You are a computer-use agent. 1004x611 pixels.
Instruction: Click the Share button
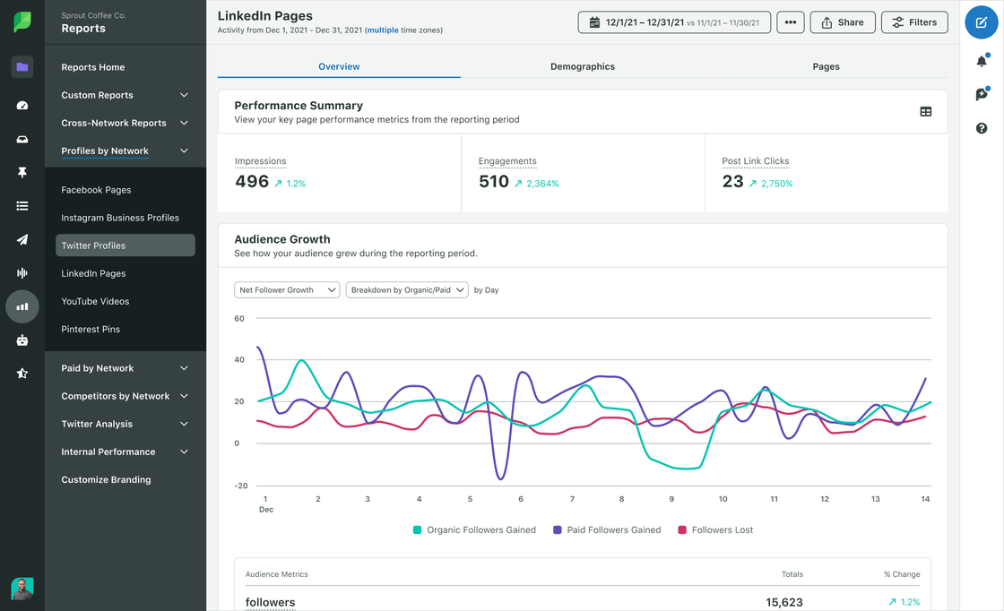tap(843, 22)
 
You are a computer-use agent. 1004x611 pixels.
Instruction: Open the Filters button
tap(914, 22)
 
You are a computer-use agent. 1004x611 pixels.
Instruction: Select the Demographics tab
tap(583, 66)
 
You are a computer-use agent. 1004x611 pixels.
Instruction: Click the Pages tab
tap(826, 66)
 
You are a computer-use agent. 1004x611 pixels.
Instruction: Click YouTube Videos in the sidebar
tap(95, 301)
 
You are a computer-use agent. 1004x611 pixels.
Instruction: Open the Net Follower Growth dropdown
tap(287, 290)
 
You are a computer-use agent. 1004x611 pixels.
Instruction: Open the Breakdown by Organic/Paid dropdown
tap(407, 290)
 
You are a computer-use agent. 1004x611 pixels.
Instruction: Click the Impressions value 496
tap(252, 182)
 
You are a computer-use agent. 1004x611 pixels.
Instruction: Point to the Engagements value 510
tap(493, 182)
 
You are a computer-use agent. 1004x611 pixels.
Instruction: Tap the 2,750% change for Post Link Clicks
tap(776, 184)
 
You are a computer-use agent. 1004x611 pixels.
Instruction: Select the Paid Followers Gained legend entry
tap(607, 530)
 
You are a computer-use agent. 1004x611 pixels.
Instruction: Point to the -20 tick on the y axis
tap(240, 486)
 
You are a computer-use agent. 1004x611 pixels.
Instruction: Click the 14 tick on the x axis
tap(926, 499)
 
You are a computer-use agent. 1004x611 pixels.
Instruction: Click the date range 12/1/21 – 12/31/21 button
tap(674, 22)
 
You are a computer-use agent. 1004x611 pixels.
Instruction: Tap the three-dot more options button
tap(790, 22)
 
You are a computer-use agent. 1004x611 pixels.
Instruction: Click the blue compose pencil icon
tap(982, 22)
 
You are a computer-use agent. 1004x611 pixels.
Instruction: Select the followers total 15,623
tap(784, 603)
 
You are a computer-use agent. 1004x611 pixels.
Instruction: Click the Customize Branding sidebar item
tap(106, 479)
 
